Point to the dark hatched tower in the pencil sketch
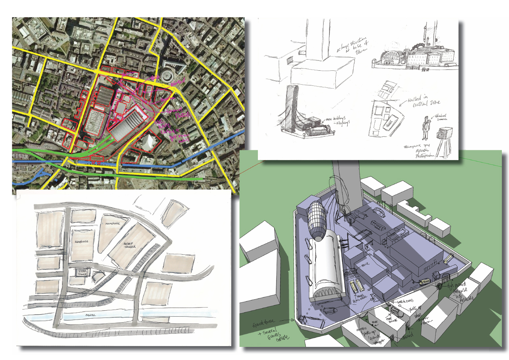point(292,107)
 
